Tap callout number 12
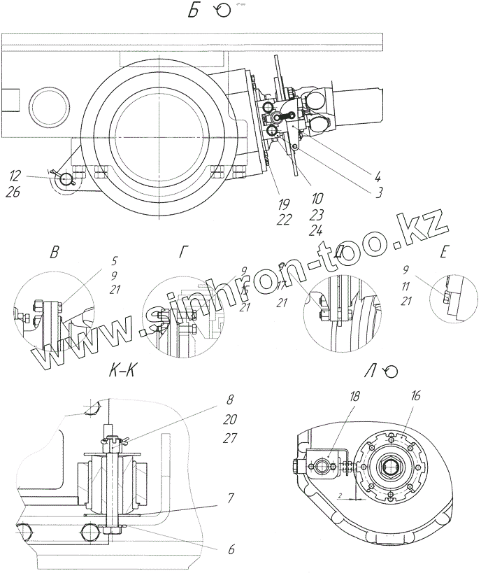coord(15,173)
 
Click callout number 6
coord(231,549)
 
